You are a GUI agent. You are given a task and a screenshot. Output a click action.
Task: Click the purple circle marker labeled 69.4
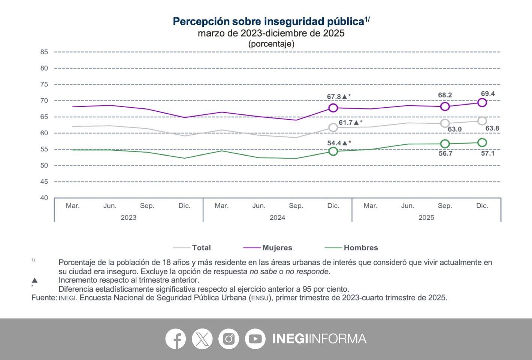pos(482,102)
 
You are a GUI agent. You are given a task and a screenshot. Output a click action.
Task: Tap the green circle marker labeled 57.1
pos(482,142)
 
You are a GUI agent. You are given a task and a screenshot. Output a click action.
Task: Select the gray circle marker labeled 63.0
pos(445,123)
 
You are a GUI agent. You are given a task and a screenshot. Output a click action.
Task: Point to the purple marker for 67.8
pos(333,108)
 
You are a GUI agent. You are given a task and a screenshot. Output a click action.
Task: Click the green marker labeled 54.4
pos(333,151)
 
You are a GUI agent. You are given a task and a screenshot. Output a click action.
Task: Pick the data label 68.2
pos(445,95)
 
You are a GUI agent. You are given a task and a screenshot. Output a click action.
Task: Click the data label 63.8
pos(492,128)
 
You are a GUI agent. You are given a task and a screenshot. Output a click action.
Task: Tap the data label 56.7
pos(445,153)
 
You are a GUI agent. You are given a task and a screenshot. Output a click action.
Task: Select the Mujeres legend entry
pos(277,248)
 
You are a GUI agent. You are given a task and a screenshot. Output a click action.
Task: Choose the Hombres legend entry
pos(360,248)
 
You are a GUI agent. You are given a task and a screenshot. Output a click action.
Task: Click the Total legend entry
pos(201,248)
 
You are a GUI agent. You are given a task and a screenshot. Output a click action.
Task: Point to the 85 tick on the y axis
pos(44,52)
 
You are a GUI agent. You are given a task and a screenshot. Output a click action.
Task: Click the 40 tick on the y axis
pos(44,198)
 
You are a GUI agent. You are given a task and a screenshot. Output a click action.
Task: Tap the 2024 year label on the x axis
pos(277,217)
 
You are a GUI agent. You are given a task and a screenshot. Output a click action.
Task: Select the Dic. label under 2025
pos(482,206)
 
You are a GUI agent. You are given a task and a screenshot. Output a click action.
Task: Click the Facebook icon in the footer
pos(175,339)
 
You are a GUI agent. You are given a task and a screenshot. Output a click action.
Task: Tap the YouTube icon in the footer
pos(255,339)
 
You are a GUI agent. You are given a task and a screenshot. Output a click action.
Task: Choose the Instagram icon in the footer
pos(229,339)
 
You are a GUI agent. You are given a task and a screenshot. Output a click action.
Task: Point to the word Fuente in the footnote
pos(43,298)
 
